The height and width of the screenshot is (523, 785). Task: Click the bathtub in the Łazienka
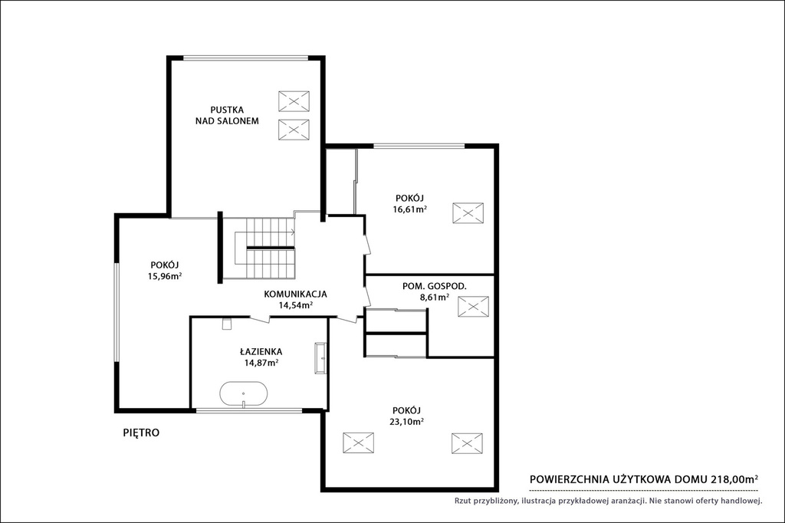(x=243, y=395)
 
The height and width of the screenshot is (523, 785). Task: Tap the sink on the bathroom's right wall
(x=320, y=358)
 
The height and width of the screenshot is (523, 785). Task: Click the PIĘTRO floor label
(x=141, y=433)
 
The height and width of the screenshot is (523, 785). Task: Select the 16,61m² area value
(x=409, y=209)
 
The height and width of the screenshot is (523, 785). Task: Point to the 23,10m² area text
(x=406, y=421)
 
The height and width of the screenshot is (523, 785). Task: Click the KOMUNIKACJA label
(x=295, y=294)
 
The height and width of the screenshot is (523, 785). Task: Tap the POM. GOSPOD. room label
(x=435, y=287)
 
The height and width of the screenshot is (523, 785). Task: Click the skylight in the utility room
(x=473, y=307)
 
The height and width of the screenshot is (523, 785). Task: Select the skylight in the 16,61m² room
(x=468, y=213)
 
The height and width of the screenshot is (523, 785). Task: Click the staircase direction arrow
(x=292, y=232)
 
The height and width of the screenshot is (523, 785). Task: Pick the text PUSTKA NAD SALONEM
(x=227, y=115)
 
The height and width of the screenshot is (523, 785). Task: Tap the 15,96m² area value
(x=165, y=276)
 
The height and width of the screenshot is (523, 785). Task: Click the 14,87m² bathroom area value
(x=261, y=363)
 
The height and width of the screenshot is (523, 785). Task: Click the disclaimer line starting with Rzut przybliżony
(x=608, y=501)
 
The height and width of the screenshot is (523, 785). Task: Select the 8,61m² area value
(x=435, y=297)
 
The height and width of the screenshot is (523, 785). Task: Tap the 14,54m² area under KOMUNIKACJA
(x=296, y=304)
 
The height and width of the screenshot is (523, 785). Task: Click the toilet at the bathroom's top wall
(x=227, y=324)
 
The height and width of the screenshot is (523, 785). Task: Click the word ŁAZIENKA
(x=261, y=352)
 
